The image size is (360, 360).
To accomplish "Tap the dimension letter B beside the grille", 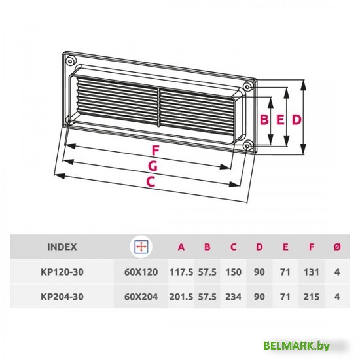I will click(264, 120).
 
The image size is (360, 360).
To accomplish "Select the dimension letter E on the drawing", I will click(279, 120).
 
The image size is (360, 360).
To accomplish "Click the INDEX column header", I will click(62, 247).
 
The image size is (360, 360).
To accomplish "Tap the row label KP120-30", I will click(63, 272).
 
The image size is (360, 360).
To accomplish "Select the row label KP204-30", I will click(63, 297).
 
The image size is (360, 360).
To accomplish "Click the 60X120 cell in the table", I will click(140, 272).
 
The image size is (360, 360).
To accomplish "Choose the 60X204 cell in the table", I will click(140, 297).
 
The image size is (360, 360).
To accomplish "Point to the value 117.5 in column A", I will click(181, 272).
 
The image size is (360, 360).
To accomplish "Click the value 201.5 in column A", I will click(181, 297).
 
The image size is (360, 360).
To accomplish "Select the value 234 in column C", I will click(233, 297).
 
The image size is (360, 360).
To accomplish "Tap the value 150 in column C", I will click(233, 272).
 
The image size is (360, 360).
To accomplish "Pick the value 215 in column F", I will click(312, 297).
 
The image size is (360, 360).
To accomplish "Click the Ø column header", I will click(336, 247).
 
